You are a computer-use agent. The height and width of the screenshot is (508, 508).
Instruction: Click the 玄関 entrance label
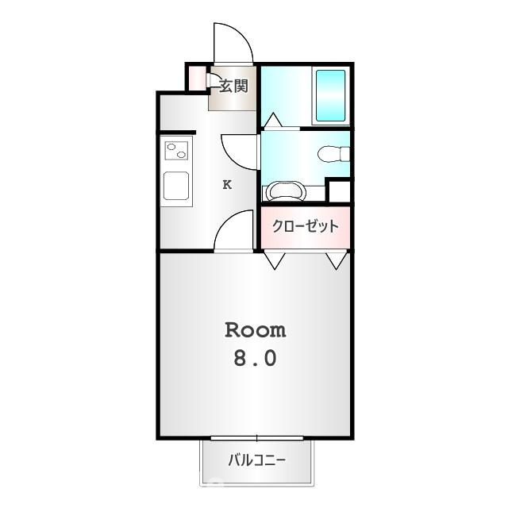(233, 87)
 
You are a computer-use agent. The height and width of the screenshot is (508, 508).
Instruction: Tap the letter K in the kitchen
(227, 185)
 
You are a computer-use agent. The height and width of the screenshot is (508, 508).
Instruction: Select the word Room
(256, 330)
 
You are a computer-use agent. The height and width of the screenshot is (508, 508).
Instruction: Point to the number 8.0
(256, 359)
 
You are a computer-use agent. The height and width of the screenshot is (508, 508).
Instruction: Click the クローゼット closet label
(305, 226)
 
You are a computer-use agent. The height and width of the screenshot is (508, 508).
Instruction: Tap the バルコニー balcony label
(257, 460)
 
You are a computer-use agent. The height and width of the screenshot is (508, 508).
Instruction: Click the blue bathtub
(330, 95)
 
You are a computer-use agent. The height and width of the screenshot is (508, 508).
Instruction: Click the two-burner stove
(176, 151)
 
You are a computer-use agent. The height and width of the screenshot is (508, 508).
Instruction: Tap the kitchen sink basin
(176, 186)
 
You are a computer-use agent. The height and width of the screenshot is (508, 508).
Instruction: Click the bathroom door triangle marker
(273, 120)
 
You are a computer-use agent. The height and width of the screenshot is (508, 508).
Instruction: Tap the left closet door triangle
(275, 260)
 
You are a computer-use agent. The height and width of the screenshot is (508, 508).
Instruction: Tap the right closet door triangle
(337, 260)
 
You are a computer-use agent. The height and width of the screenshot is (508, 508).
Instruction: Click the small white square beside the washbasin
(340, 191)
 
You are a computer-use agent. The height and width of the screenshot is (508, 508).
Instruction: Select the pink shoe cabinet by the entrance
(197, 78)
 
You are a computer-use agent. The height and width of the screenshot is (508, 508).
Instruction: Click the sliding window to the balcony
(257, 438)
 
